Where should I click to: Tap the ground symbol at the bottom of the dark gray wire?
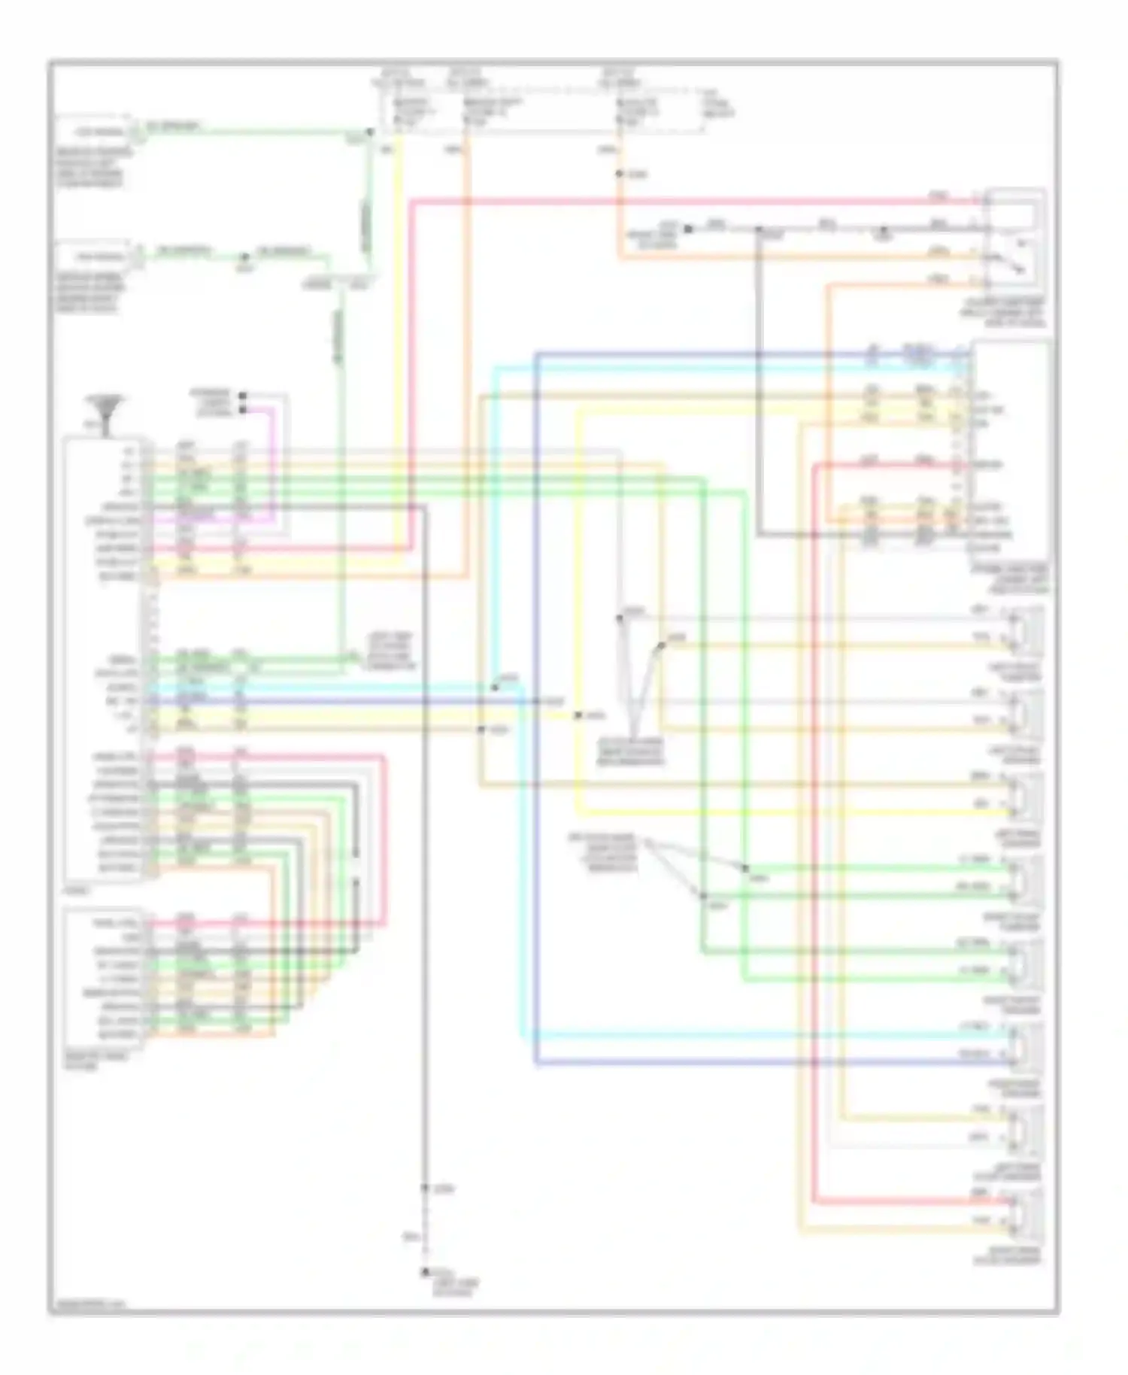tap(424, 1271)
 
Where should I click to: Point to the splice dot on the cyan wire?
tap(495, 687)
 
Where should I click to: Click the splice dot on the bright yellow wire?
tap(578, 715)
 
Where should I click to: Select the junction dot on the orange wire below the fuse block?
tap(619, 174)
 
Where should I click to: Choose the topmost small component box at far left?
tap(95, 132)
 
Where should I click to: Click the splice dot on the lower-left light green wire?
tap(244, 257)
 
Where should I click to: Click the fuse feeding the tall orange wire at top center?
tap(467, 112)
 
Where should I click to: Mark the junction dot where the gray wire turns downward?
tap(759, 228)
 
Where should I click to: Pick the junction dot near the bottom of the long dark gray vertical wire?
tap(424, 1188)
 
